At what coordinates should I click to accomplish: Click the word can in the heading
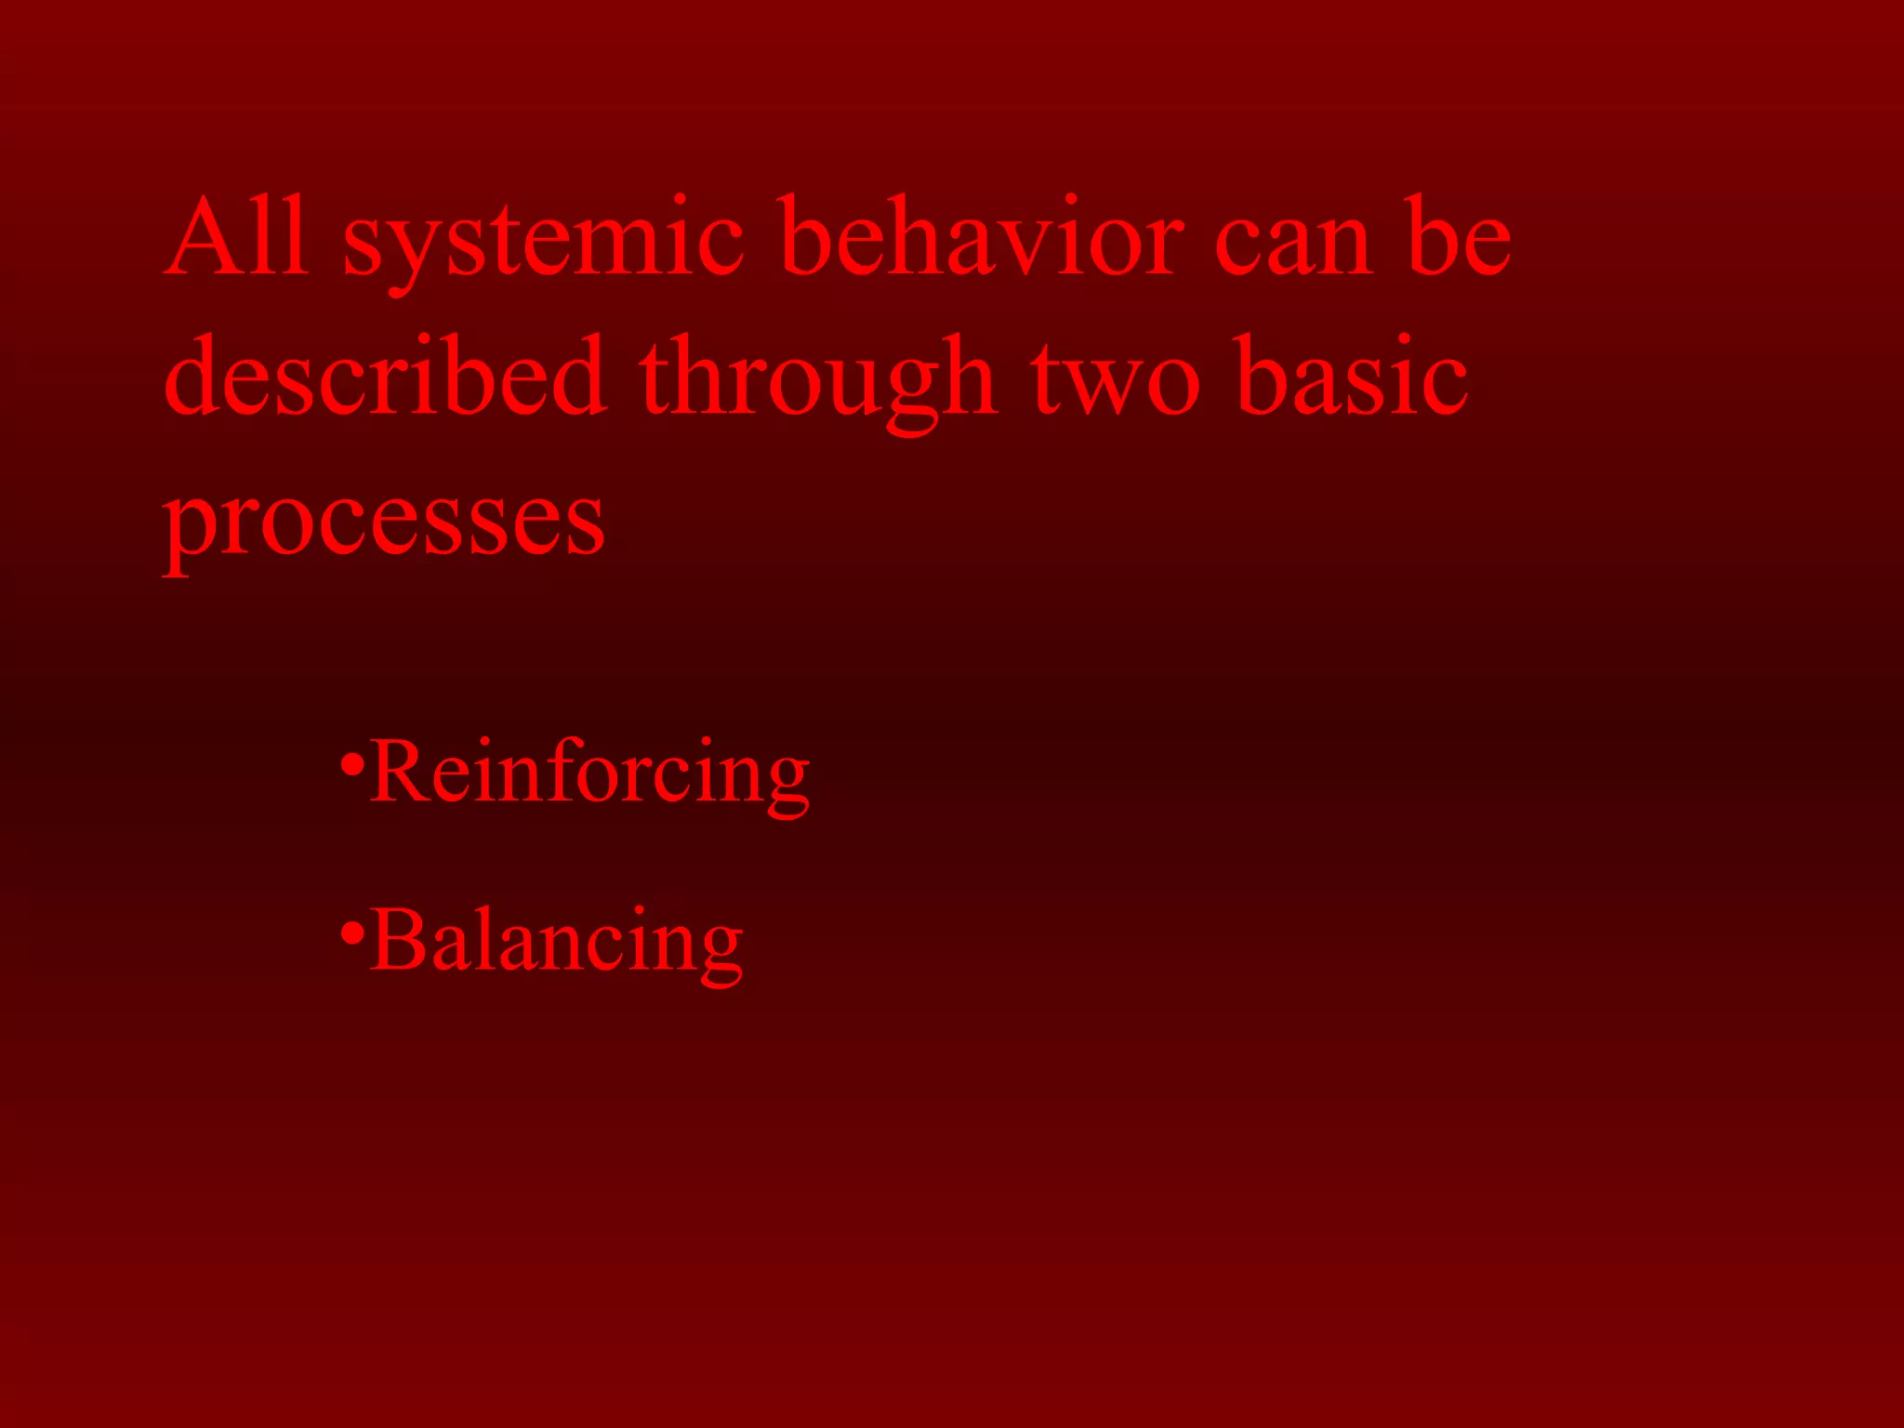(1293, 245)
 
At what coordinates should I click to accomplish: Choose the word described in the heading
(385, 377)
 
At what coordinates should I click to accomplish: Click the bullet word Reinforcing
(589, 773)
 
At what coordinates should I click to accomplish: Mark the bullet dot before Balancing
(351, 932)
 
